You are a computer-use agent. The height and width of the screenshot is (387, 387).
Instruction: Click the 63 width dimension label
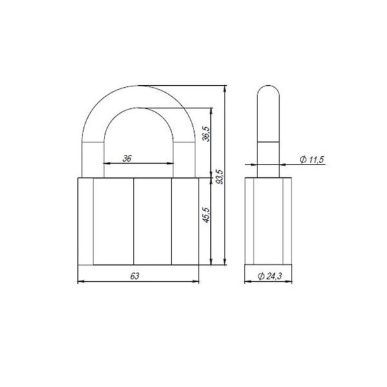coord(135,276)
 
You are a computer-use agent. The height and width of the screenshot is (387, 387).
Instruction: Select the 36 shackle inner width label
coord(127,157)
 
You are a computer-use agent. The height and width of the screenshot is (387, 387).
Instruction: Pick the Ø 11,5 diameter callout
coord(312,159)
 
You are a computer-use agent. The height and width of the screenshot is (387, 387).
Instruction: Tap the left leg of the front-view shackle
coord(91,155)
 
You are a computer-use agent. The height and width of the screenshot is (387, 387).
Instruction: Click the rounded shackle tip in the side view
coord(268,94)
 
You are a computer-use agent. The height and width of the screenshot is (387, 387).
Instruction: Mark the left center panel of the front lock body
coord(114,221)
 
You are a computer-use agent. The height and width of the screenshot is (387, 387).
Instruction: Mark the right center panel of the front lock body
coord(152,221)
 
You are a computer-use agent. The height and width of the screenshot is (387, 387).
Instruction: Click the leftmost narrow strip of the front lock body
coord(85,221)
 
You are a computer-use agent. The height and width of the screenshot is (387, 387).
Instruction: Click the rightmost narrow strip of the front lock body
coord(186,221)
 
